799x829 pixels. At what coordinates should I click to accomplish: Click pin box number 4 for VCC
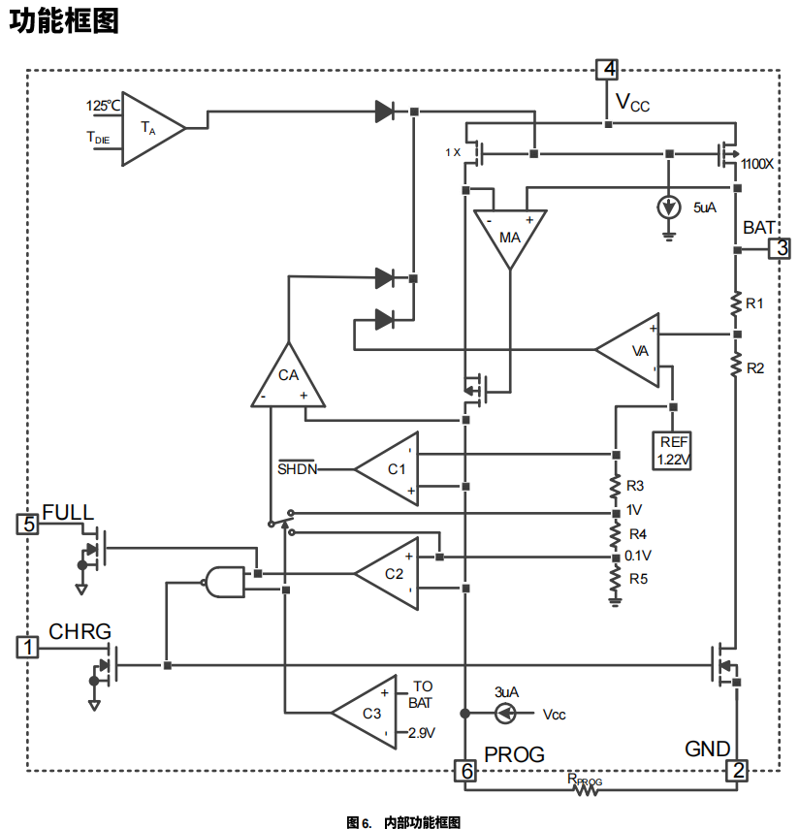[x=608, y=70]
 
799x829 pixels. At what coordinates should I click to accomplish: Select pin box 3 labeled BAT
[x=780, y=249]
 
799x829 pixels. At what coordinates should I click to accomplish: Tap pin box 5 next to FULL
[x=29, y=525]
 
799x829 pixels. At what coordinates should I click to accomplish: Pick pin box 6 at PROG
[x=466, y=771]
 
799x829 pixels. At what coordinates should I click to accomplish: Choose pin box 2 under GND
[x=738, y=771]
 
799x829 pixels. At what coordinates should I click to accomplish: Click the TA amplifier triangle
[x=149, y=128]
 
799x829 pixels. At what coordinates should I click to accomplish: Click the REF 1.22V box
[x=673, y=451]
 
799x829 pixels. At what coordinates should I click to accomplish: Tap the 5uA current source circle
[x=668, y=207]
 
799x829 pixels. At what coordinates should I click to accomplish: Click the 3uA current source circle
[x=505, y=714]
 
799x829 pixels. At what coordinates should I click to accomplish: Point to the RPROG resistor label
[x=585, y=779]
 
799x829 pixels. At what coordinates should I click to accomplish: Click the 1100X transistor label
[x=756, y=165]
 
